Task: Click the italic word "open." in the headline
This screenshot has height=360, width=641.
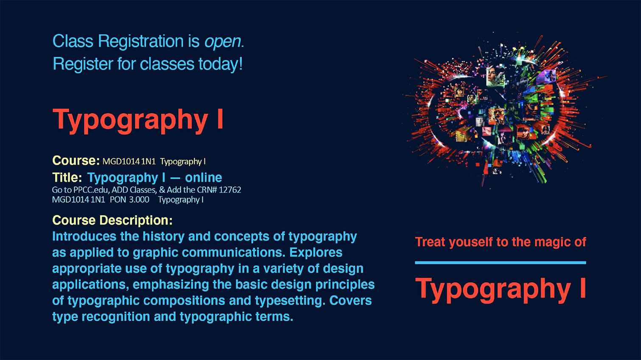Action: (x=224, y=42)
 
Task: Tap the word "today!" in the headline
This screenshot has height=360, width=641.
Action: (x=220, y=64)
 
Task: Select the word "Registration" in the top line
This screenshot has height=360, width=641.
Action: (x=141, y=42)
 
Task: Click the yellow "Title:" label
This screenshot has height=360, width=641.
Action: (x=67, y=177)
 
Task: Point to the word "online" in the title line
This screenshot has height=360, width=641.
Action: (x=204, y=177)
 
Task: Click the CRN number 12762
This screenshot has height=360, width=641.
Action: (x=230, y=190)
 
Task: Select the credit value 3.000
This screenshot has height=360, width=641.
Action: (x=139, y=200)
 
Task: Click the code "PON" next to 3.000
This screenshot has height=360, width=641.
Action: (x=118, y=200)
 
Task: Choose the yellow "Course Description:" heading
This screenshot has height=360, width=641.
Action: (x=112, y=220)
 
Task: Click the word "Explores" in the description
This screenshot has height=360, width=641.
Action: (x=316, y=253)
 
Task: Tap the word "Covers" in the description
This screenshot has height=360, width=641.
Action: (x=350, y=301)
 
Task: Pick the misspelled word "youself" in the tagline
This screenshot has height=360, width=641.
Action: (x=471, y=242)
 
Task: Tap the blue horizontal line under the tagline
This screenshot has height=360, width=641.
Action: (x=501, y=263)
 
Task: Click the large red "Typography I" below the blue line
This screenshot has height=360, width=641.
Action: (x=501, y=289)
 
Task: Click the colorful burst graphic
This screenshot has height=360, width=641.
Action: (x=504, y=110)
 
